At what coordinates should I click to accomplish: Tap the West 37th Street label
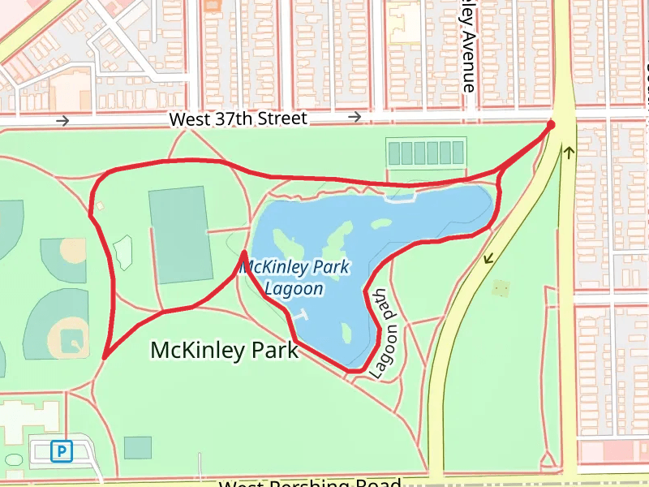238,119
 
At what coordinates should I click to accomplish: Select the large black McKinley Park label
225,350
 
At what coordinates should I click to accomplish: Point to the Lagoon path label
385,334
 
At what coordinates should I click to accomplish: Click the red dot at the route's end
551,125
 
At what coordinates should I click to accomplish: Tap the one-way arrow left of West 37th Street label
62,121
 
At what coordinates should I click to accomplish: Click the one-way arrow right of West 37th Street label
355,118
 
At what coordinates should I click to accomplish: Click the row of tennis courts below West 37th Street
426,152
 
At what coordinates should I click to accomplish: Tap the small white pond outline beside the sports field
122,251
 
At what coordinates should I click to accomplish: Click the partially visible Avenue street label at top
467,45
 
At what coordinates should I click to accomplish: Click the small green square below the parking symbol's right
138,447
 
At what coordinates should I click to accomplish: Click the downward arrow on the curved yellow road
488,260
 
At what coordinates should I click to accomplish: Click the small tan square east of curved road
501,288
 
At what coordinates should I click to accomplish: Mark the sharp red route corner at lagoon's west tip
243,255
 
